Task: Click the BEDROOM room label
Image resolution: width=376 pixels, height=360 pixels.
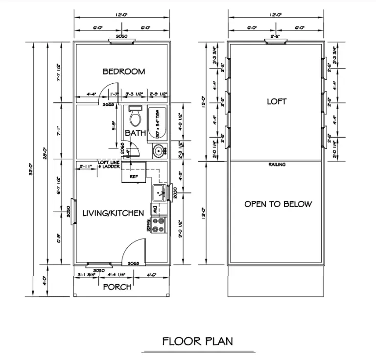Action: click(123, 72)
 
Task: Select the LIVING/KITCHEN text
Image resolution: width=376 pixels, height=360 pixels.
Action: click(113, 213)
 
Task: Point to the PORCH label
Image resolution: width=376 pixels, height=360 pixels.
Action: click(117, 287)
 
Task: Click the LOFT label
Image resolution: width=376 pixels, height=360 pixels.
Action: click(277, 102)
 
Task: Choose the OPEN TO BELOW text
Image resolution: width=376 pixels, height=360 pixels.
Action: click(278, 204)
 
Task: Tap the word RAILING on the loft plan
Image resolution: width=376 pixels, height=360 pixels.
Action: click(277, 165)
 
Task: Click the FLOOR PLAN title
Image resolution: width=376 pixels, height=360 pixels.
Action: click(198, 341)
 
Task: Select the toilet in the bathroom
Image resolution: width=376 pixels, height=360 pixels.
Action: click(135, 117)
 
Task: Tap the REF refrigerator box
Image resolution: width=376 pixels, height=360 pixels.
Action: click(134, 176)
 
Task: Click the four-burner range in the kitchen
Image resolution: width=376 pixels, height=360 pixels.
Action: click(159, 224)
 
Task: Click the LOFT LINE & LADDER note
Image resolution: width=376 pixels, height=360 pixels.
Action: click(109, 165)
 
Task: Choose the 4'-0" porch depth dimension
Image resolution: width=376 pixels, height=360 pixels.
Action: click(44, 282)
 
